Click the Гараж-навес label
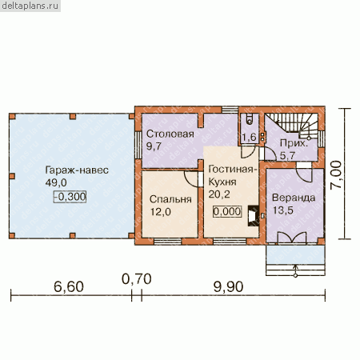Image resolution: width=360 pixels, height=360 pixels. pyautogui.click(x=77, y=170)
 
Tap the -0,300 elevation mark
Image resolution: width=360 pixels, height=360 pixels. pyautogui.click(x=70, y=197)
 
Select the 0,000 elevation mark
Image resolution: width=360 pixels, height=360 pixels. pyautogui.click(x=227, y=211)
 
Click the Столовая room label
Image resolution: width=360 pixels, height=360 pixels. pyautogui.click(x=170, y=134)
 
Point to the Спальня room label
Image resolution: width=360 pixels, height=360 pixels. pyautogui.click(x=170, y=199)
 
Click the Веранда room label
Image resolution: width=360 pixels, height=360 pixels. pyautogui.click(x=294, y=198)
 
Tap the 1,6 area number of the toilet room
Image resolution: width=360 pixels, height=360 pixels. pyautogui.click(x=249, y=138)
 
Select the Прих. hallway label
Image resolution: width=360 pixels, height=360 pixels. pyautogui.click(x=294, y=144)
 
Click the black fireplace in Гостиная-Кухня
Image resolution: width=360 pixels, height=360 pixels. pyautogui.click(x=254, y=215)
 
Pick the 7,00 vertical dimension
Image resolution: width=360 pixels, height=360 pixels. pyautogui.click(x=336, y=175)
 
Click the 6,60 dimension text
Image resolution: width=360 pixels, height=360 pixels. pyautogui.click(x=69, y=287)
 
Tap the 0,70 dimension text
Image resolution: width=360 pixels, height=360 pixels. pyautogui.click(x=137, y=279)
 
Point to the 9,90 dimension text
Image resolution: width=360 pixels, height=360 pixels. pyautogui.click(x=229, y=287)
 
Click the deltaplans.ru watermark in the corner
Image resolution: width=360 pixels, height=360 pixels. pyautogui.click(x=30, y=6)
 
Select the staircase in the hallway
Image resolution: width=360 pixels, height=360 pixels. pyautogui.click(x=292, y=125)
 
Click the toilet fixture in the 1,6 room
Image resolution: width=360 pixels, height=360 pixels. pyautogui.click(x=250, y=119)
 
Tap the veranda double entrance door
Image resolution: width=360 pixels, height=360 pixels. pyautogui.click(x=292, y=238)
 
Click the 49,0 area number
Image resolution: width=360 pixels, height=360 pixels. pyautogui.click(x=56, y=183)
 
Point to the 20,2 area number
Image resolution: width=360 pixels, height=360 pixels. pyautogui.click(x=219, y=194)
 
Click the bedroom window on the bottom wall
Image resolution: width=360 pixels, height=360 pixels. pyautogui.click(x=168, y=242)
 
